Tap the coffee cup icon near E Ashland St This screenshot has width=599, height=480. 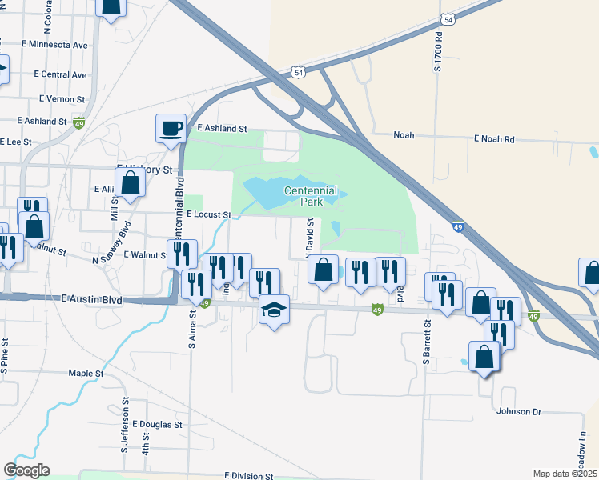pos(171,129)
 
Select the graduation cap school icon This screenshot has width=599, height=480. pos(273,310)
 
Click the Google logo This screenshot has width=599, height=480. pos(26,470)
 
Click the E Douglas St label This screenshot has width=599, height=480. pos(158,424)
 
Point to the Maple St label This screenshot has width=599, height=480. pos(86,374)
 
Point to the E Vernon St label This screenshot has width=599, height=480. pos(62,99)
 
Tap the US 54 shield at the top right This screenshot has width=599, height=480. pos(449,18)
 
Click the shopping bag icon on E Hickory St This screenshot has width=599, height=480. pos(132,184)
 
